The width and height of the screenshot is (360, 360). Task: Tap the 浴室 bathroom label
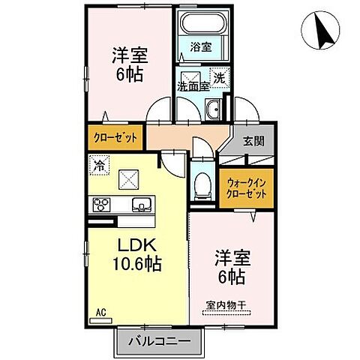coord(199,46)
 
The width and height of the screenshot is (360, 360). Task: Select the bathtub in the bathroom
coord(199,25)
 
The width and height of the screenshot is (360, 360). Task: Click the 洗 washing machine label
coord(218,76)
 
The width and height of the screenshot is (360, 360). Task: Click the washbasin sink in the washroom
coord(211,109)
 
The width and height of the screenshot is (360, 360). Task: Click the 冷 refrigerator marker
coord(99,160)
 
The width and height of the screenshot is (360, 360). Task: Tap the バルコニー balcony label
coord(158,341)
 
